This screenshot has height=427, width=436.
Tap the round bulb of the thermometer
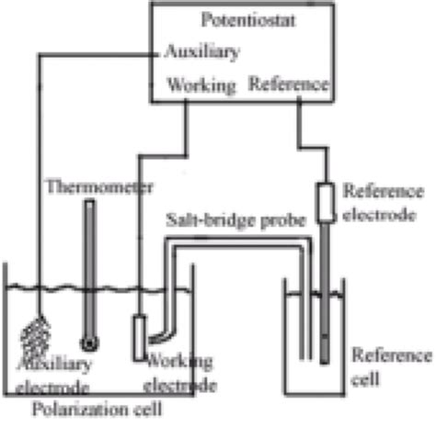tap(89, 343)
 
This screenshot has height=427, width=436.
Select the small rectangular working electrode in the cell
tap(138, 337)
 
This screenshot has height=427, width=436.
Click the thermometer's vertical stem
tap(88, 266)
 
